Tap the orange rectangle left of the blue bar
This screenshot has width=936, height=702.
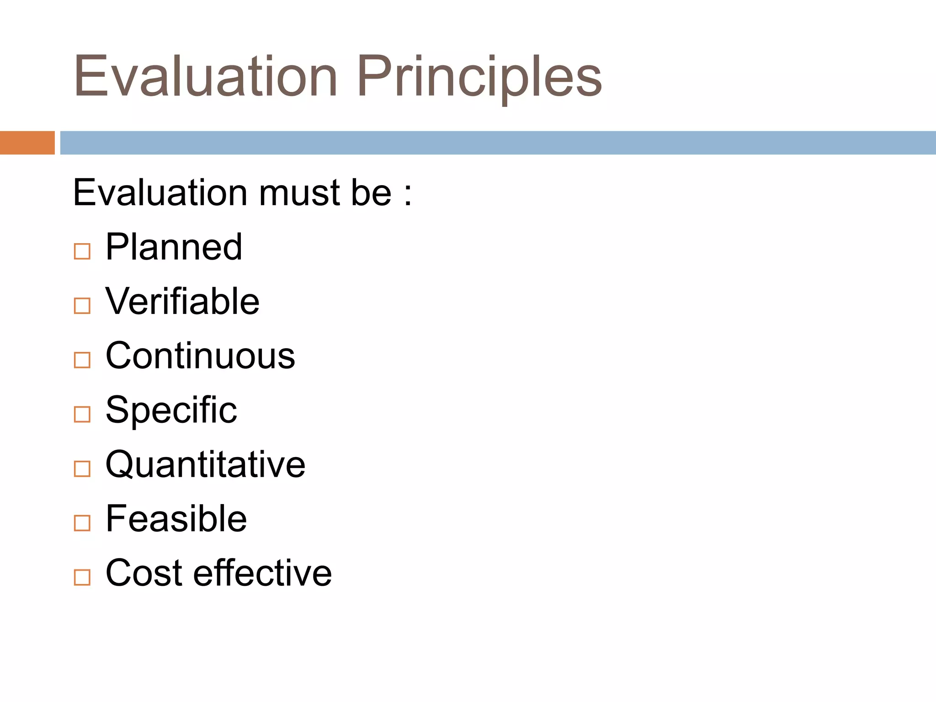click(x=27, y=143)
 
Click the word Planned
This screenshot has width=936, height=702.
click(x=174, y=247)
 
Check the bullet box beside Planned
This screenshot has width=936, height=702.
click(x=82, y=251)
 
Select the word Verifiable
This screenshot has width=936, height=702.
click(x=182, y=301)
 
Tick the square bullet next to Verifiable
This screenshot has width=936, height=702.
click(x=82, y=306)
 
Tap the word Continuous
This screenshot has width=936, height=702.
click(x=200, y=356)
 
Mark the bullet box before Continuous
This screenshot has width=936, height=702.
click(x=82, y=360)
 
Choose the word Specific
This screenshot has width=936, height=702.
click(x=171, y=410)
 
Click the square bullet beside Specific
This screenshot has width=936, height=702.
click(x=82, y=415)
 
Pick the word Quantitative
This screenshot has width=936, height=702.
click(x=205, y=464)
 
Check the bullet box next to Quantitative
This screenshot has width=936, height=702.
click(x=82, y=469)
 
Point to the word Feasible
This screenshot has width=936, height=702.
click(x=176, y=519)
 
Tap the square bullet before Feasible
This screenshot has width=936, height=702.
click(x=82, y=523)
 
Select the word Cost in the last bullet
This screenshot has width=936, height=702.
click(x=144, y=573)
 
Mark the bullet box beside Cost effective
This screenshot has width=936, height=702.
click(x=82, y=577)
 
